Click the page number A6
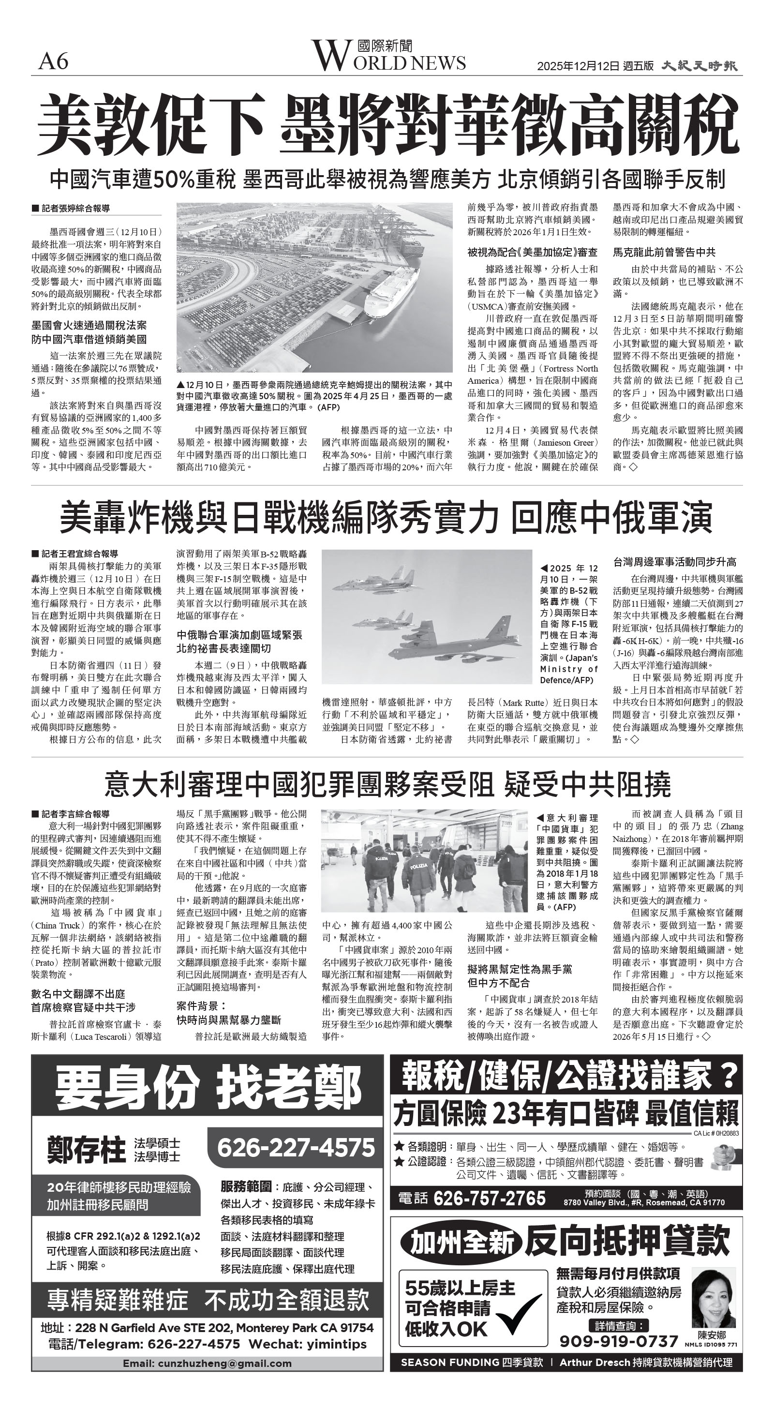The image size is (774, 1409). coord(53,61)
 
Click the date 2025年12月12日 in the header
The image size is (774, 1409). coord(578,66)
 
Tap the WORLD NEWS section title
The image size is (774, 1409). coord(389,56)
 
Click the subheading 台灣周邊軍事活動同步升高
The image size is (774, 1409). coord(674,562)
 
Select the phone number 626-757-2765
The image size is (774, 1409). coord(489,1199)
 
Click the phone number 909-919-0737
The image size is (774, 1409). coord(618,1341)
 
